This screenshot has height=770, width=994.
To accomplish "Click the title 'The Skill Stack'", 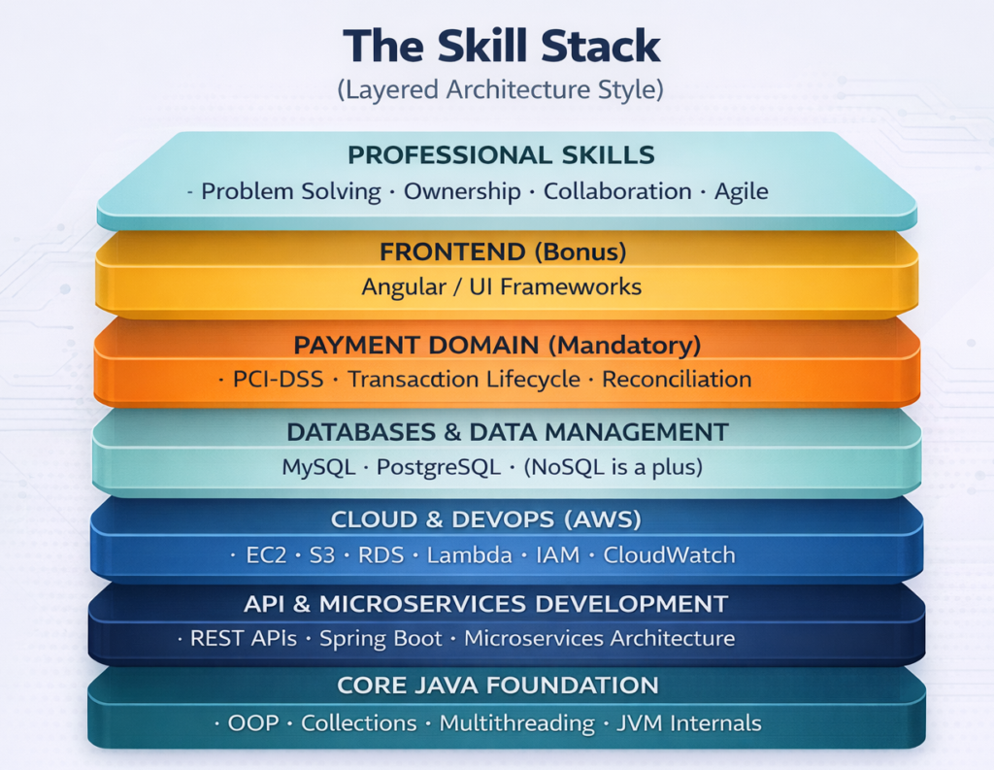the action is click(x=502, y=46).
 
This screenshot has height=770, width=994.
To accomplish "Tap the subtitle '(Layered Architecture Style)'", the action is click(x=500, y=89).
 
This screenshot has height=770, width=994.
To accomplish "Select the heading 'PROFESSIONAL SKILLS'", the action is click(x=501, y=154).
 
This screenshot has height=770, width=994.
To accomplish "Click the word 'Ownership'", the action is click(x=462, y=191).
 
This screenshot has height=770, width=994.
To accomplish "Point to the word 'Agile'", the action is click(x=741, y=191).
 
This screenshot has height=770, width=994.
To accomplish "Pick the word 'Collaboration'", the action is click(x=617, y=191).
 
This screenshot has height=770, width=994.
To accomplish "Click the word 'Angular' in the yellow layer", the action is click(x=403, y=287).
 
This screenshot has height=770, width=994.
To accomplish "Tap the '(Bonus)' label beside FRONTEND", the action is click(x=580, y=252).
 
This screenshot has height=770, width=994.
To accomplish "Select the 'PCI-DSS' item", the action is click(x=278, y=380).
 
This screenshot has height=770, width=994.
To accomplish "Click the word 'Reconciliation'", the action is click(x=677, y=380).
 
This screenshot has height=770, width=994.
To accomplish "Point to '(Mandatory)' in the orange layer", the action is click(x=624, y=346).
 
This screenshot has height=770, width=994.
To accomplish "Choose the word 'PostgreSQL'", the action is click(x=439, y=467).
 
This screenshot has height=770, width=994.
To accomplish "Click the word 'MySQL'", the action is click(x=318, y=467).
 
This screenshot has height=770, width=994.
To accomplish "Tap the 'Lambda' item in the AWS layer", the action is click(x=469, y=555).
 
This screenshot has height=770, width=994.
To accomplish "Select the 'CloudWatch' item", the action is click(x=669, y=555).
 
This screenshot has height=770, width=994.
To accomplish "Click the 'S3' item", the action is click(x=321, y=555).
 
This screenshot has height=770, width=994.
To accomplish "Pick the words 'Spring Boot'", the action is click(x=381, y=639).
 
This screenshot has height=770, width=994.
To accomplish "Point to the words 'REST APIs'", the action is click(x=244, y=638).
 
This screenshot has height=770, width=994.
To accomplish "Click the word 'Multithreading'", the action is click(x=516, y=723).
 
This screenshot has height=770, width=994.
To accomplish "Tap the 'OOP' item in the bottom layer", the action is click(x=253, y=723).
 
